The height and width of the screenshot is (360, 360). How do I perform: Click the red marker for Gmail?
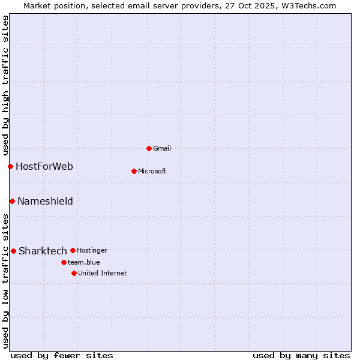[x=149, y=148]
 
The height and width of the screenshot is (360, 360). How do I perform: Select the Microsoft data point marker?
[x=134, y=171]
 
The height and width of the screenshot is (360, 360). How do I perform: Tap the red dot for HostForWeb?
[x=10, y=166]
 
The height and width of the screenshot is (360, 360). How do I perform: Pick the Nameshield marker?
[x=12, y=201]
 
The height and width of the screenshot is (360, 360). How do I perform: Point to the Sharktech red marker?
[x=13, y=251]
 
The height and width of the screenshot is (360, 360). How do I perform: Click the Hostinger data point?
[x=73, y=250]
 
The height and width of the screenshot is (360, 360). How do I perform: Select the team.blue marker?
[x=64, y=262]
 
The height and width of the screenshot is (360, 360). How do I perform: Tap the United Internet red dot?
[x=74, y=273]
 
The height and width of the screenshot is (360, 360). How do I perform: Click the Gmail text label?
[x=162, y=148]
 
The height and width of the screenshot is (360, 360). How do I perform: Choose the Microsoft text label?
[x=152, y=171]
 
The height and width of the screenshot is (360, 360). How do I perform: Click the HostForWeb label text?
[x=44, y=166]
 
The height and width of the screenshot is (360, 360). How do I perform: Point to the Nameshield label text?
[x=45, y=201]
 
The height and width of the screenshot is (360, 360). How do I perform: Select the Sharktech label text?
[x=43, y=251]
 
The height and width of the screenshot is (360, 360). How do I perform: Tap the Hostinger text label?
[x=92, y=250]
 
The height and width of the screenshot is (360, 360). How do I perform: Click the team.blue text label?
[x=83, y=262]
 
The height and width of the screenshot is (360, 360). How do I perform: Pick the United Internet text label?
[x=102, y=273]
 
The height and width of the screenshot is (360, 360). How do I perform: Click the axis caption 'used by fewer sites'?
[x=62, y=355]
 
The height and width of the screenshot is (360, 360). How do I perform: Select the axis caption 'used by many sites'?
[x=301, y=355]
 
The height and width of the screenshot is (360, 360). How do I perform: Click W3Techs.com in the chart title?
[x=307, y=5]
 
